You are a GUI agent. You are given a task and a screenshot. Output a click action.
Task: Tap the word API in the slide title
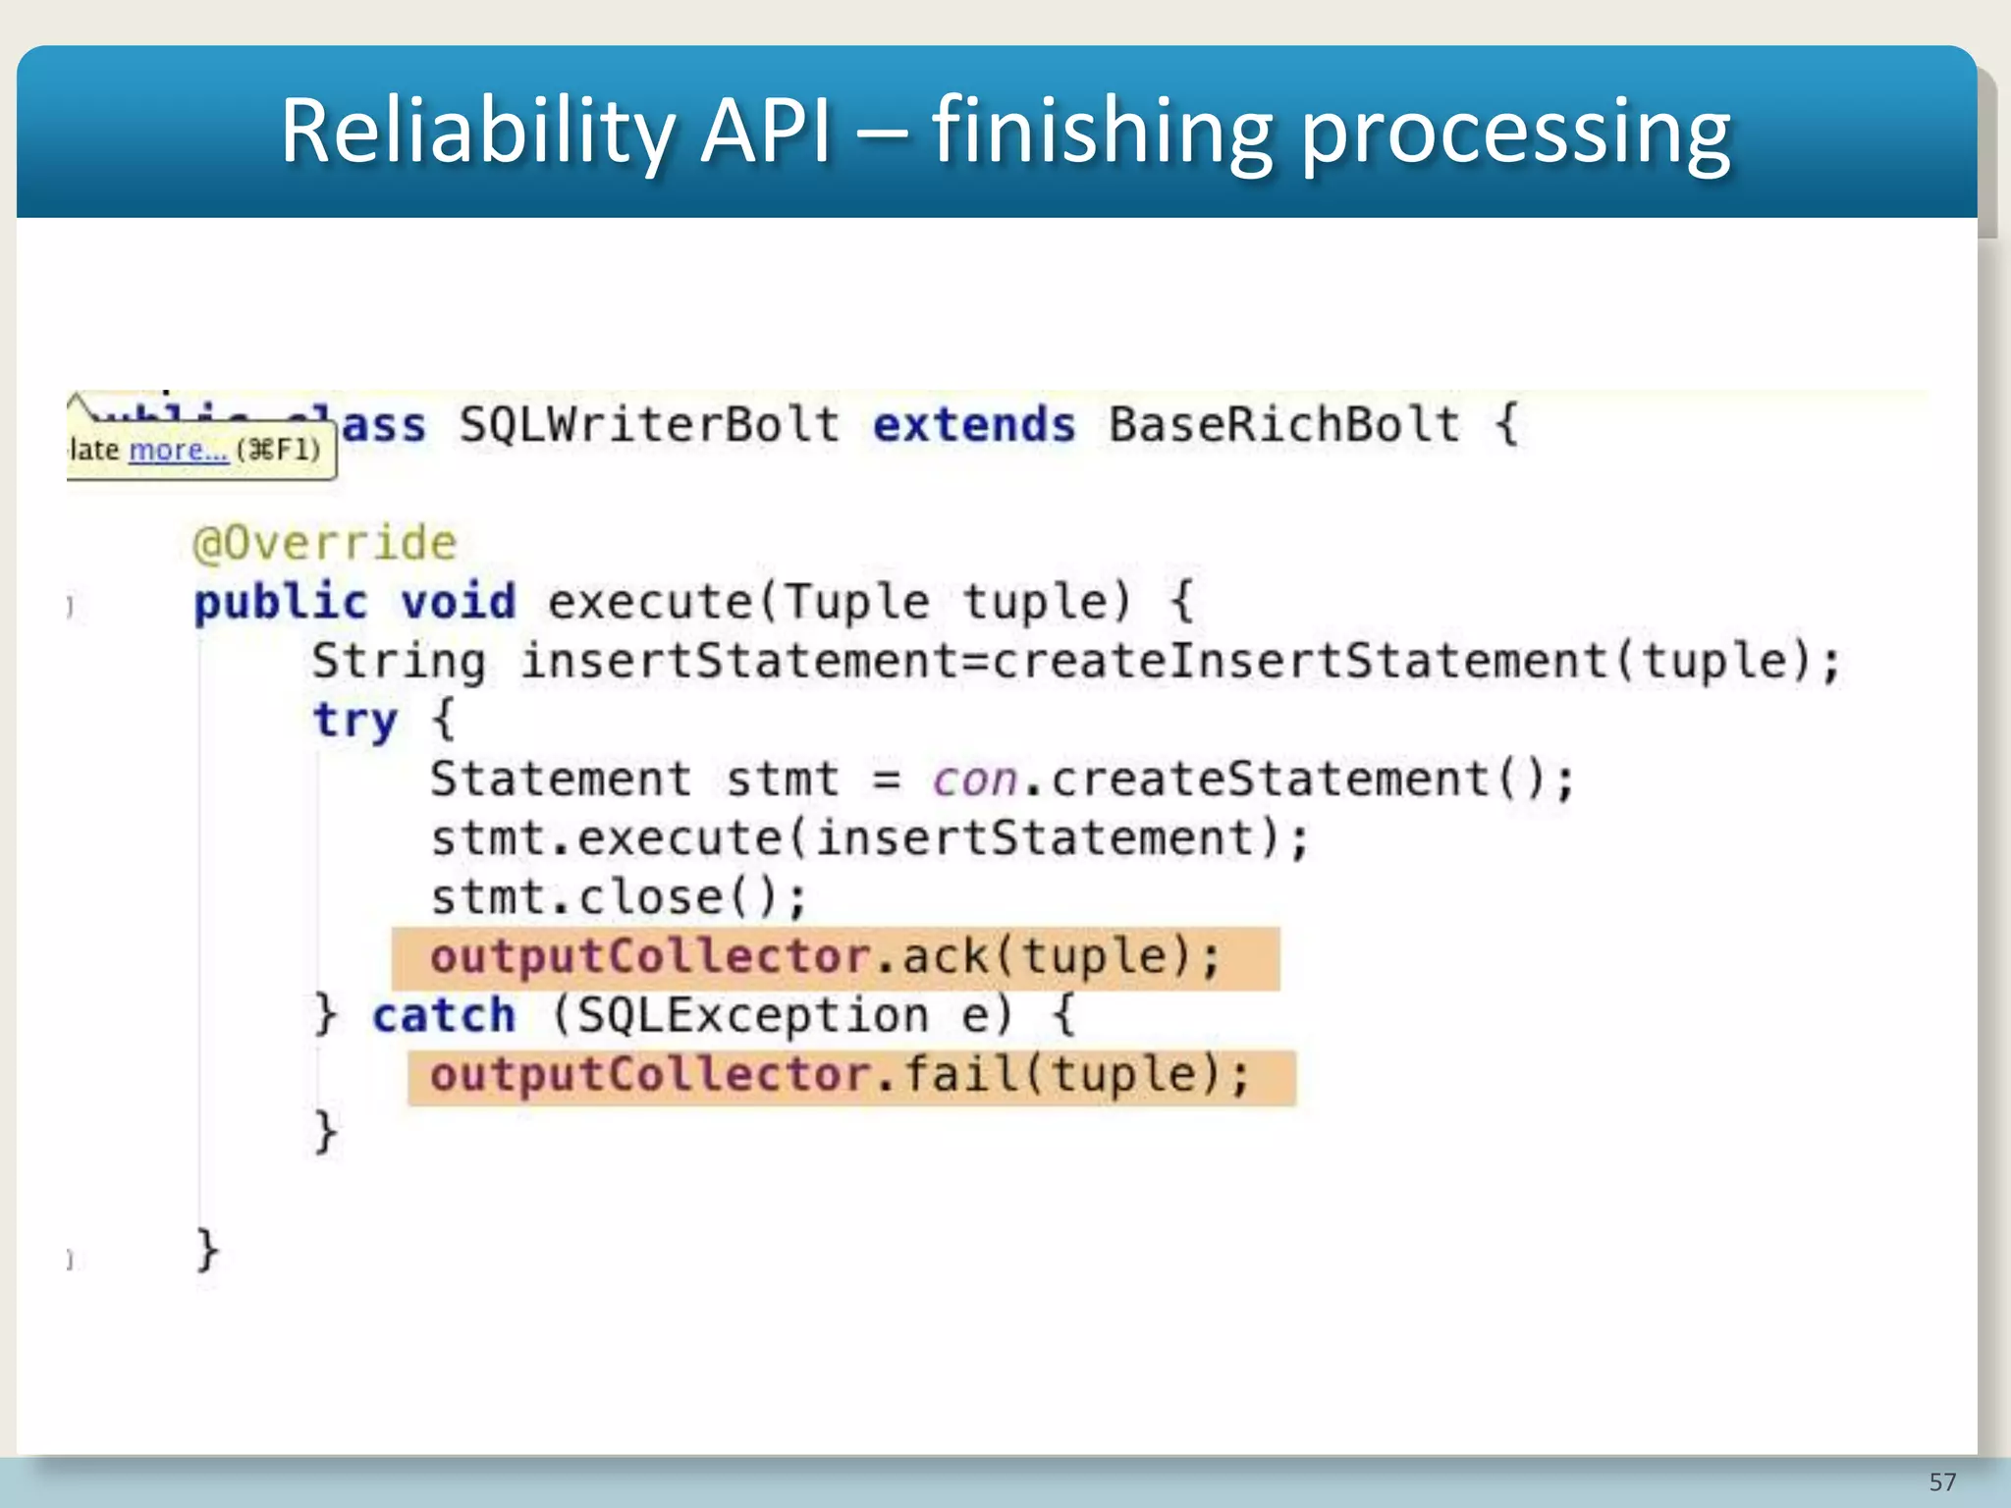[x=766, y=132]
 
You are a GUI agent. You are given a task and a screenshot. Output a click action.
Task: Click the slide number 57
[x=1942, y=1481]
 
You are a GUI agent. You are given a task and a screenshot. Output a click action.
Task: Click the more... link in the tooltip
[x=178, y=450]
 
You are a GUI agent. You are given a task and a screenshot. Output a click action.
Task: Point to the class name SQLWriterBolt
[x=649, y=425]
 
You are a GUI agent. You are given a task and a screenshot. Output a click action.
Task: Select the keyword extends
[x=974, y=425]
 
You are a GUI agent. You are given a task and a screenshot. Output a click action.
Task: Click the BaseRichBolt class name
[x=1284, y=425]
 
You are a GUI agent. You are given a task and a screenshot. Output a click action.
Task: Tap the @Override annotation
[x=325, y=543]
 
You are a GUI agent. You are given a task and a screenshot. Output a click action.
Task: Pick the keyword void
[x=458, y=602]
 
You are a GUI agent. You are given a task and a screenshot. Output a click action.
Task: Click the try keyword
[x=355, y=721]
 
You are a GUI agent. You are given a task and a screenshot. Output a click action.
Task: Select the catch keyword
[x=444, y=1015]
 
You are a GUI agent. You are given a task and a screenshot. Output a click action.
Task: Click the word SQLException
[x=751, y=1015]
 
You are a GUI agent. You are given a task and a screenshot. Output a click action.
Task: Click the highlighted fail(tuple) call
[x=1075, y=1075]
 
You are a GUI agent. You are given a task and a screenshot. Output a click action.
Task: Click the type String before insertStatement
[x=399, y=661]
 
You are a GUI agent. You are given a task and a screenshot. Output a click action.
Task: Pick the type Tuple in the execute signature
[x=856, y=602]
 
